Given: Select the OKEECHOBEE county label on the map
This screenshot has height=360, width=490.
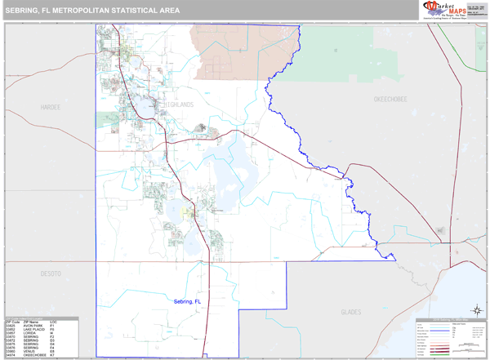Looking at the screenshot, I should click(x=390, y=99).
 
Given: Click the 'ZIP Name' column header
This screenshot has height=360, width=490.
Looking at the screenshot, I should click(x=33, y=322).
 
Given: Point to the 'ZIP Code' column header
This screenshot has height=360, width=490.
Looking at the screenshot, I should click(x=12, y=322).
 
